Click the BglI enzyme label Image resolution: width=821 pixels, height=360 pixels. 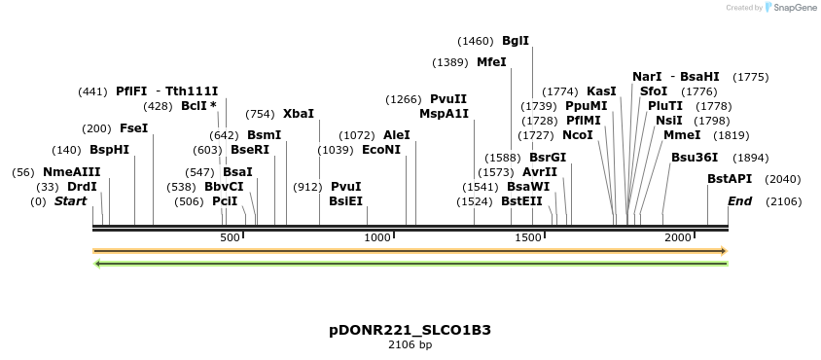coord(516,41)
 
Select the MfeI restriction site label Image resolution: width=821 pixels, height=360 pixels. coord(491,62)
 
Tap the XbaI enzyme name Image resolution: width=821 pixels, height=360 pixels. coord(299,114)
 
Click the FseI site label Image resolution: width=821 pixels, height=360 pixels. coord(133,128)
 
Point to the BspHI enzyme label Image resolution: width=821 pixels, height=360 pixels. coord(109,151)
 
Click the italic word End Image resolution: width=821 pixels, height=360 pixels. coord(740,201)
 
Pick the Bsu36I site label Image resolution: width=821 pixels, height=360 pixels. coord(695,157)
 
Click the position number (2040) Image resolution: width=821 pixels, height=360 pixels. coord(783,179)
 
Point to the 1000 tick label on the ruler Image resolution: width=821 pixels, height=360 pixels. coord(377,238)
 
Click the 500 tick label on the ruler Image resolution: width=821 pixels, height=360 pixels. coord(230,238)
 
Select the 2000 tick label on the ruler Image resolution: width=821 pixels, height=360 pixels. coord(678,238)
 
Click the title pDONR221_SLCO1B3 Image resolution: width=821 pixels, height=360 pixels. coord(410,330)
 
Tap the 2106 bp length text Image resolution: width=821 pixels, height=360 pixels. coord(410,345)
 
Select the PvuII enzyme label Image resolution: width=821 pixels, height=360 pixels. coord(448,99)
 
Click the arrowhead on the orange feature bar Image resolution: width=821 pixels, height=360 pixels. coord(723,251)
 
